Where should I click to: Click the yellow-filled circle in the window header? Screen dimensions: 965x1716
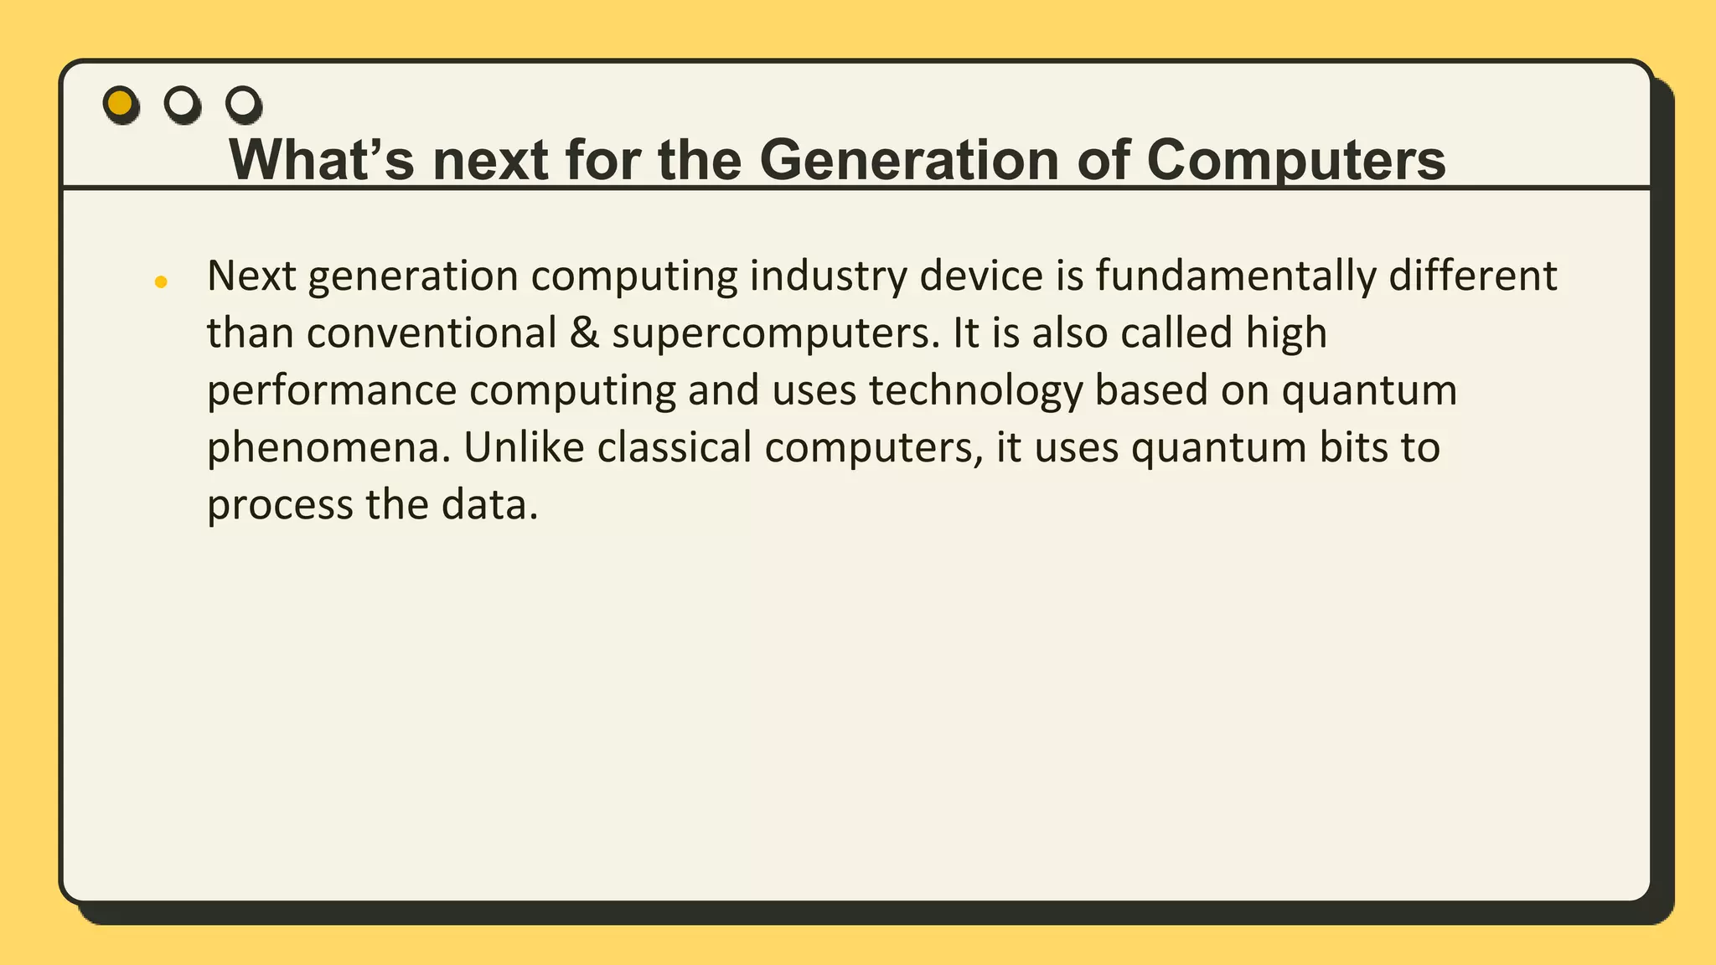pyautogui.click(x=121, y=104)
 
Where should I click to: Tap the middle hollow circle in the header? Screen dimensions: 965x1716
pyautogui.click(x=182, y=104)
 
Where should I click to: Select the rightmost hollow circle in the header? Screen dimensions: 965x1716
pyautogui.click(x=243, y=104)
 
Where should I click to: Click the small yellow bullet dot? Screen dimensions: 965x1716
pyautogui.click(x=161, y=282)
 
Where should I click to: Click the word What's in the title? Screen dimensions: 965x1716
pyautogui.click(x=322, y=159)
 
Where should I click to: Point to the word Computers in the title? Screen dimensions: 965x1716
pyautogui.click(x=1295, y=159)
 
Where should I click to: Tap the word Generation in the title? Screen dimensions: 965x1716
pyautogui.click(x=909, y=159)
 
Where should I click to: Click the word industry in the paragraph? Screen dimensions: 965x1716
pyautogui.click(x=828, y=276)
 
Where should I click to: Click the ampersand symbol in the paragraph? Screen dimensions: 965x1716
pyautogui.click(x=584, y=333)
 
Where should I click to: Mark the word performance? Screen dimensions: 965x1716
pyautogui.click(x=332, y=390)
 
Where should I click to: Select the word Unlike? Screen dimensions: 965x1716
pyautogui.click(x=524, y=447)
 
